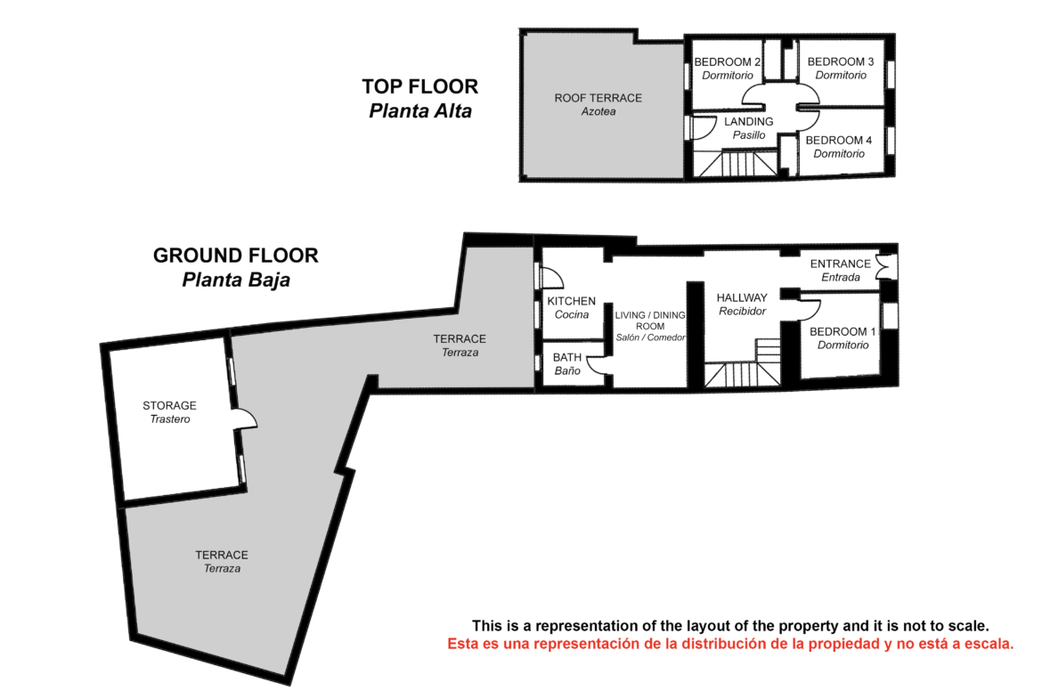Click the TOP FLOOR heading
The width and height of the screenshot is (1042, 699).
click(x=420, y=86)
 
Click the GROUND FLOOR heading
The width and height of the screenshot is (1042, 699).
click(x=236, y=256)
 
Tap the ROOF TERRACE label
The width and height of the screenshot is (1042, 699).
click(x=598, y=98)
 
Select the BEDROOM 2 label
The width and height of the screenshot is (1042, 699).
click(x=727, y=61)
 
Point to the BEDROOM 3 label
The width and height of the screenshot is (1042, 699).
click(x=841, y=61)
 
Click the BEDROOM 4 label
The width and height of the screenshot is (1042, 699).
click(x=839, y=140)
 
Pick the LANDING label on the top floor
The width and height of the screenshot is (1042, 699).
click(x=749, y=122)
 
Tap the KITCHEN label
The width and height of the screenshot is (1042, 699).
click(x=572, y=301)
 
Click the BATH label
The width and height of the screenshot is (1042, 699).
click(x=566, y=357)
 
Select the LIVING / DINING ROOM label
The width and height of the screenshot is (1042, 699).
click(x=650, y=321)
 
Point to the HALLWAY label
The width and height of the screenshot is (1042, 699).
click(x=742, y=297)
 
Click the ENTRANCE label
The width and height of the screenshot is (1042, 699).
click(x=840, y=264)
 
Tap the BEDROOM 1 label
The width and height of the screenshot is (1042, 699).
click(x=843, y=331)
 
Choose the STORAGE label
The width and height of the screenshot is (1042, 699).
click(x=169, y=405)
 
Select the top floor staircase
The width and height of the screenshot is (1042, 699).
click(x=737, y=164)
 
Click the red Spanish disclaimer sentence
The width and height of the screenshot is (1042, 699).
click(x=730, y=644)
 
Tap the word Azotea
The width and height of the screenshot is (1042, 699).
click(x=598, y=111)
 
